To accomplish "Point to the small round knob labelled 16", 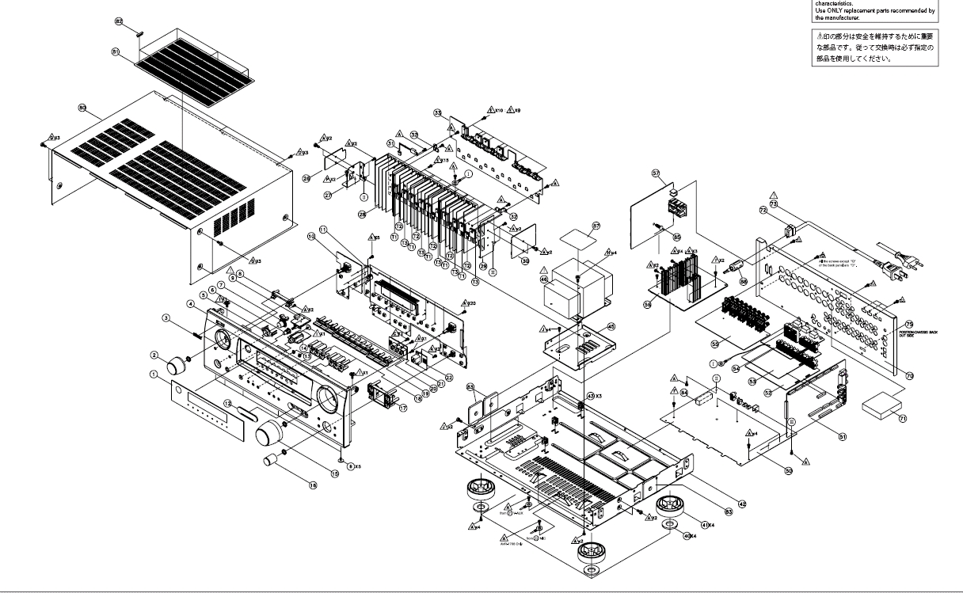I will (273, 460).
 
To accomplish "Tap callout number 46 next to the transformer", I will (545, 279).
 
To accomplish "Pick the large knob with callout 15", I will (274, 431).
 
